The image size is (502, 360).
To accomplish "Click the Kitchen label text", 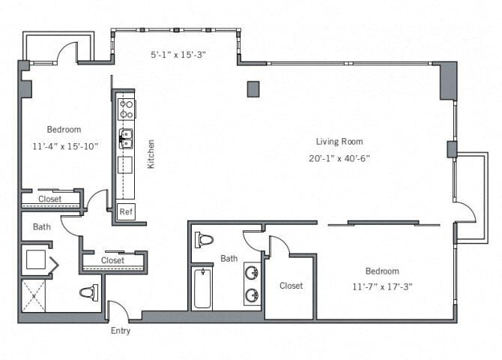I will point(151,154).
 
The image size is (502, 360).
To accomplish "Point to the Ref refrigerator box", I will point(126,211).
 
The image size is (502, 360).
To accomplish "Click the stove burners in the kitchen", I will point(127,109).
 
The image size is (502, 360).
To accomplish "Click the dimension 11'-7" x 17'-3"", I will point(382,286).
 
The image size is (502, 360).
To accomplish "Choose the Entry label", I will point(121,330).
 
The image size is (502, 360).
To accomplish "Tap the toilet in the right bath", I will point(204,240).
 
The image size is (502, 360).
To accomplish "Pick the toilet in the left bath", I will point(88,292).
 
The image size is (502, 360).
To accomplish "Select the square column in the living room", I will point(253,89).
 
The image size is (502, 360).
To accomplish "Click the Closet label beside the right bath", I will point(291,286).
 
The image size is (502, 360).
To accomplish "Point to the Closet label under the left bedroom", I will point(49,199).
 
